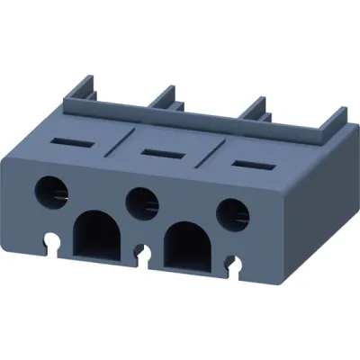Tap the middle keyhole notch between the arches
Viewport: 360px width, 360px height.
[142, 253]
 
